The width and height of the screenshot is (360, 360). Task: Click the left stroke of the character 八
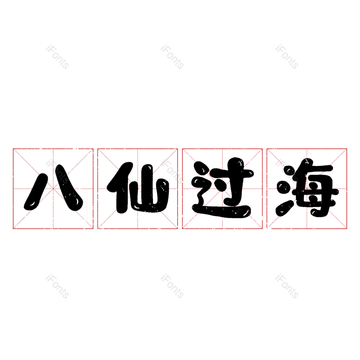point(36,192)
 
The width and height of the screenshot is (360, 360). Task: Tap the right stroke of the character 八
point(69,187)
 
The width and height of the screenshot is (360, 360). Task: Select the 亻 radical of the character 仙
point(120,188)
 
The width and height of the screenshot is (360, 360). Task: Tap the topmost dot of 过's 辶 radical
point(201,168)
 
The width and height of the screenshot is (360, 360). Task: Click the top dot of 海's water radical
point(290,171)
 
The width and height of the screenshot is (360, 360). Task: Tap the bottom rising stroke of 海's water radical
point(285,208)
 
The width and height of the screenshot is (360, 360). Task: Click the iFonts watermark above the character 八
point(57,57)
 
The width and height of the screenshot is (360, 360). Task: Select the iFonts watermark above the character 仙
point(172,57)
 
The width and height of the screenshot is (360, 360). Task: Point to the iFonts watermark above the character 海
point(287,57)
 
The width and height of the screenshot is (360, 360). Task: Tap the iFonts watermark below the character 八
point(57,286)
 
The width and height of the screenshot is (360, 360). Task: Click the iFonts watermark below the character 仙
point(172,286)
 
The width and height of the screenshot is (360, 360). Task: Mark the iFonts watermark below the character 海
point(287,286)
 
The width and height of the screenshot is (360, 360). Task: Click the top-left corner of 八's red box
point(13,149)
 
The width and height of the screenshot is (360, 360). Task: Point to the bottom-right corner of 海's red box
point(346,229)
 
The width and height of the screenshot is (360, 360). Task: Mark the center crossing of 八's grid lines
point(53,189)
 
